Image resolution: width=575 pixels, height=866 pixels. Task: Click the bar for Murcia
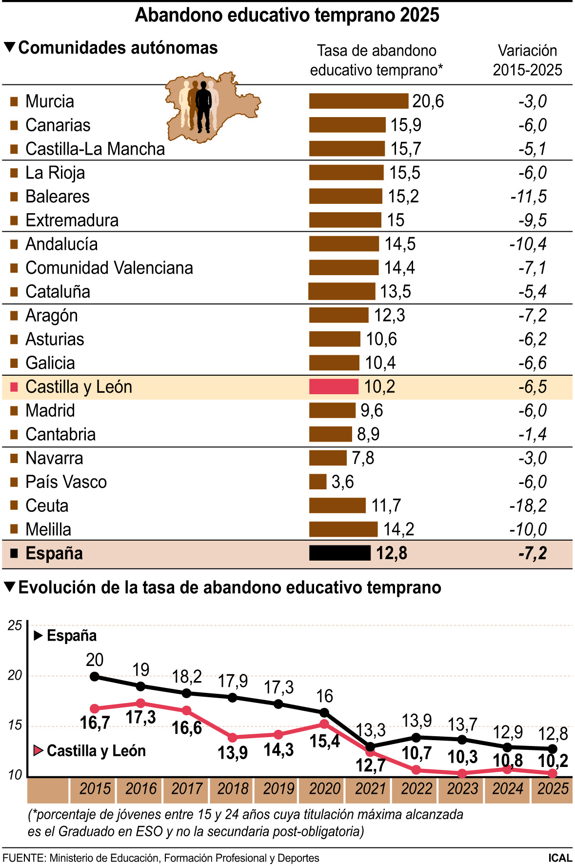point(358,101)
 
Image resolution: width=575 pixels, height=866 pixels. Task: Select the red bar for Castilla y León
point(334,386)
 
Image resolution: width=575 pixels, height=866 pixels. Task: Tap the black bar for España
point(340,553)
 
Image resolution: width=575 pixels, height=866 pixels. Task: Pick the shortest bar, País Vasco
point(317,482)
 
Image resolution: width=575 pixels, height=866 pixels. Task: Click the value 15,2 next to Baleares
point(403,196)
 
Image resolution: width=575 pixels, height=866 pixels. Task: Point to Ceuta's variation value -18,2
point(528,505)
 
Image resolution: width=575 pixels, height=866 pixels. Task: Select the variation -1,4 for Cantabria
point(532,434)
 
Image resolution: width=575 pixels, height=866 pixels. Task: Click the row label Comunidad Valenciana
point(109,268)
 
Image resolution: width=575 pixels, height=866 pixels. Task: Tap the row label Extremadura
point(72,220)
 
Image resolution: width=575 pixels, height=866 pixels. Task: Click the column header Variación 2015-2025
point(527,60)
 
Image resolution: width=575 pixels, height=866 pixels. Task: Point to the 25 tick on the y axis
point(15,625)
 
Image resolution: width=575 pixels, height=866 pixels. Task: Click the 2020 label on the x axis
point(324,788)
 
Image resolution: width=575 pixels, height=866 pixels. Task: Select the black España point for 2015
point(95,677)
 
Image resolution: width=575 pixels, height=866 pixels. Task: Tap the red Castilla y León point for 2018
point(233,737)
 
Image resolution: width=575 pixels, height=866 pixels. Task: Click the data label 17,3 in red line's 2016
point(140,717)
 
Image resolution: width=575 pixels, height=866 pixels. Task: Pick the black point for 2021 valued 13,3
point(370,746)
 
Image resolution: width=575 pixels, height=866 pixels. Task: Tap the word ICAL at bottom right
point(560,858)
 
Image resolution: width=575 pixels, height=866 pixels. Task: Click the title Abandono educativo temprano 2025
point(287,15)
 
